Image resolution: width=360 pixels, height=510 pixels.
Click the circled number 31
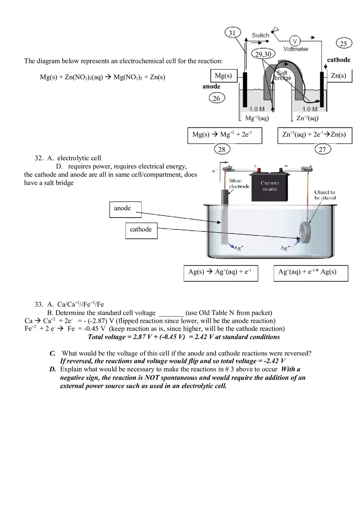pos(232,33)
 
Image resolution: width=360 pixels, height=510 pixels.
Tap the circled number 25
pos(343,43)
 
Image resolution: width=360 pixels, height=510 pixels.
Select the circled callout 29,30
pos(263,54)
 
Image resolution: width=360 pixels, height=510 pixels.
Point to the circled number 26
pos(216,98)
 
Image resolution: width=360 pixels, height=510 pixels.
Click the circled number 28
pos(221,149)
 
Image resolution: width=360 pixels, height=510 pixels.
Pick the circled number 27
pos(322,149)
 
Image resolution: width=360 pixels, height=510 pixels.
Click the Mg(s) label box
pos(223,76)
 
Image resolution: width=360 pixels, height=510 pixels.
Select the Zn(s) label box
pos(338,76)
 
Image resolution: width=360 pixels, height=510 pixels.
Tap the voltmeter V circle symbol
pos(295,41)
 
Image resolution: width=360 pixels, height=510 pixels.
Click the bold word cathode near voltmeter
pos(339,60)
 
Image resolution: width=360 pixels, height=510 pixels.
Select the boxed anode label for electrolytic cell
pos(126,209)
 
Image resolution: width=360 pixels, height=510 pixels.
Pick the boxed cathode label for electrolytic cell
pos(141,230)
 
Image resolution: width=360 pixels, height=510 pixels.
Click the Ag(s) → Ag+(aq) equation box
pos(220,273)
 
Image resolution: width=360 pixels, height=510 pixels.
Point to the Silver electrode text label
pos(239,184)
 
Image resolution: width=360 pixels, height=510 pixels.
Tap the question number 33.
pos(39,304)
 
